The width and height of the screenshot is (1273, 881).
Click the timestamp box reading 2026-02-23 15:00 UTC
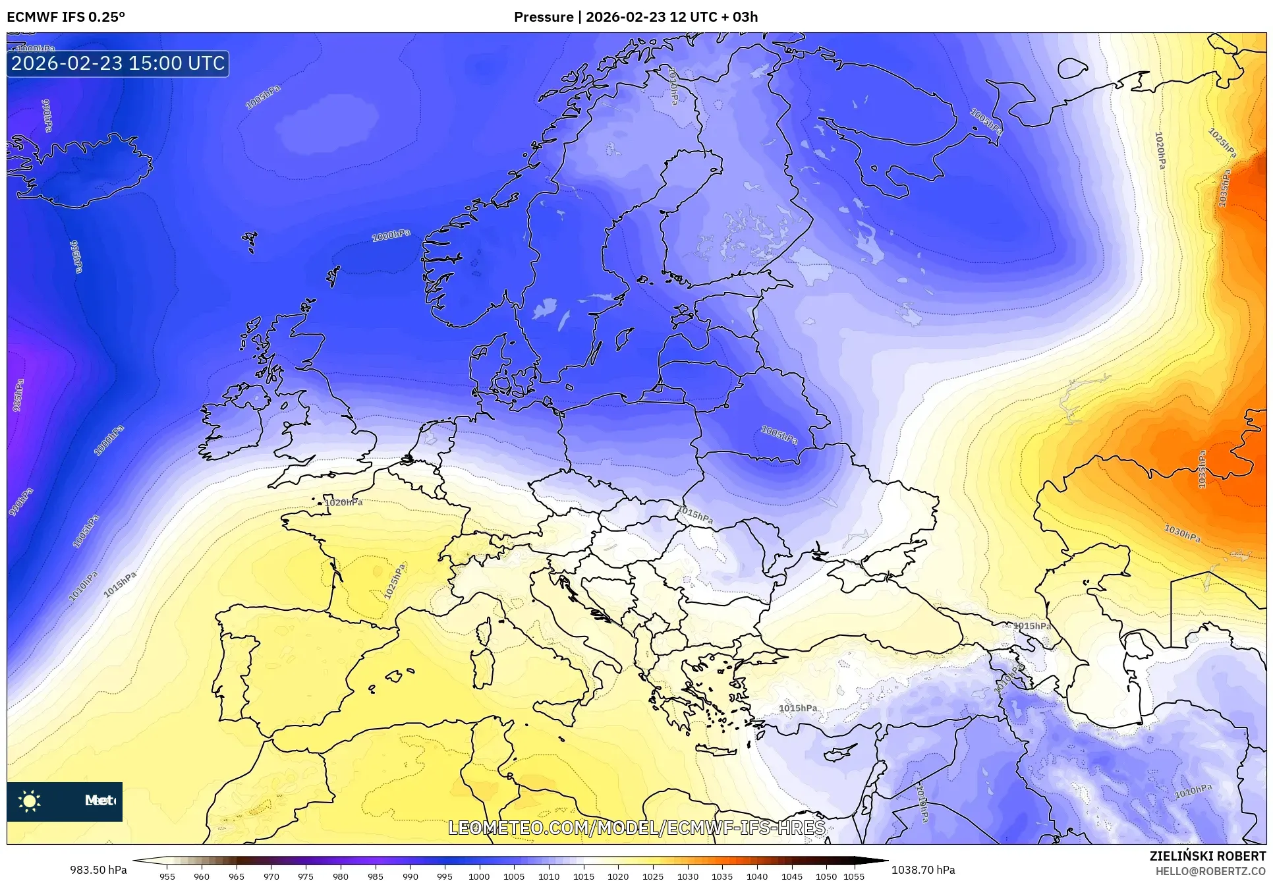(x=118, y=63)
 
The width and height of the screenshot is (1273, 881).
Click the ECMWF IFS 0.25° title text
(x=66, y=17)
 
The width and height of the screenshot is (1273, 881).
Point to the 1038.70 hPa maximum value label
(x=922, y=870)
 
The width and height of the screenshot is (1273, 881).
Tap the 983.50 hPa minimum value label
(x=99, y=870)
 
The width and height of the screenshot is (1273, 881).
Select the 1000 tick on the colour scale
(x=479, y=876)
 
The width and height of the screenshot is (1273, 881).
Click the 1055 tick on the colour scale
(x=854, y=876)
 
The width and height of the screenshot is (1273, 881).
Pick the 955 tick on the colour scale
(x=167, y=876)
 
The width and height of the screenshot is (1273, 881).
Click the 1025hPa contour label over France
(x=395, y=581)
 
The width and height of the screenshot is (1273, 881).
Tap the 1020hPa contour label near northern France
(x=343, y=503)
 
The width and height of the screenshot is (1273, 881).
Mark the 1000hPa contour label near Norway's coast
(x=391, y=235)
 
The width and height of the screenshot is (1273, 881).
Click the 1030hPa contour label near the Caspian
(x=1182, y=534)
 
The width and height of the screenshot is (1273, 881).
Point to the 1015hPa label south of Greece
(x=798, y=708)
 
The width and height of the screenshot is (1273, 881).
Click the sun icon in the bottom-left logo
(x=30, y=801)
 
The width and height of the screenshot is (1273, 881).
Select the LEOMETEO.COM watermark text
(x=636, y=828)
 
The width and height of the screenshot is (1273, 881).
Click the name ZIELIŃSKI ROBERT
(x=1207, y=856)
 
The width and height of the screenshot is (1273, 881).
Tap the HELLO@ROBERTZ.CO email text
(x=1210, y=871)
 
